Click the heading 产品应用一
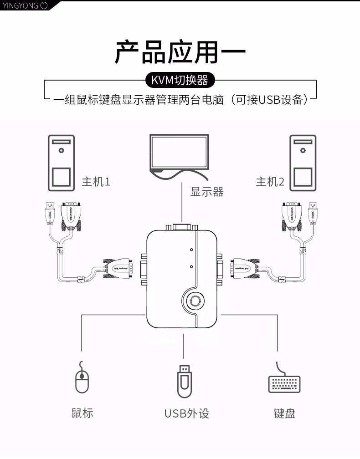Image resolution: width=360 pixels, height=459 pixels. coord(180,51)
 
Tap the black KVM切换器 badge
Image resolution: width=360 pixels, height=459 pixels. coord(180,80)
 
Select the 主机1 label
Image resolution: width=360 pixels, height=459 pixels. coord(96,182)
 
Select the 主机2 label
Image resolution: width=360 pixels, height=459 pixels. coord(270,182)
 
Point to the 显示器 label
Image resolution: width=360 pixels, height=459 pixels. coord(207,192)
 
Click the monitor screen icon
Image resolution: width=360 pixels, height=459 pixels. coord(180,153)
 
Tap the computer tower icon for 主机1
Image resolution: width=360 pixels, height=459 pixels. coord(61,163)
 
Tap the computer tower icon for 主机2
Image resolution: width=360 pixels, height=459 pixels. coord(303,163)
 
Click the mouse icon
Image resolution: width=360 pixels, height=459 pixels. coord(82,378)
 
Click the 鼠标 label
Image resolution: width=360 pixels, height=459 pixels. coord(82,413)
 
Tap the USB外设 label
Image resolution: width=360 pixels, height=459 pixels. coord(187,413)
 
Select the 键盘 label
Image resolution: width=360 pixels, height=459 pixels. coord(285,413)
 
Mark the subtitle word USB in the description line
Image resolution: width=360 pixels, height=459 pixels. coord(269,99)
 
